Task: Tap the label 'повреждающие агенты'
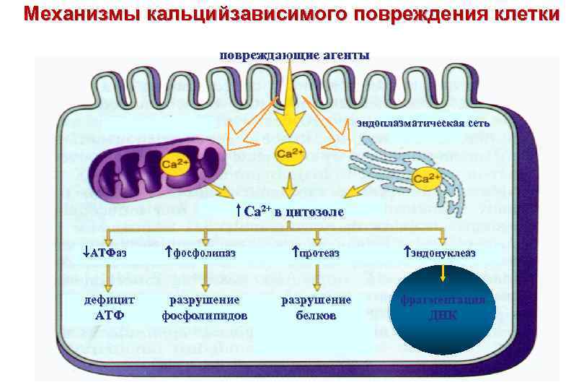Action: [x=295, y=56]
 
